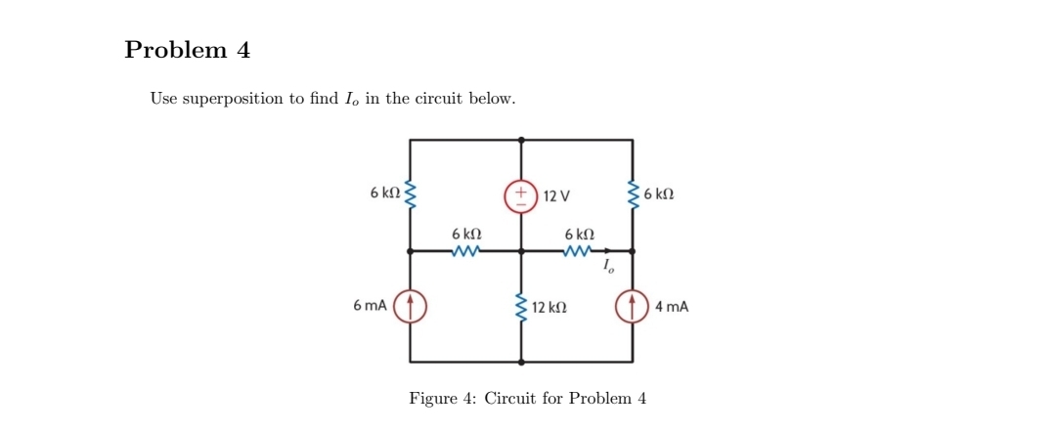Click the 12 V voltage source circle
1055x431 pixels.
(x=520, y=195)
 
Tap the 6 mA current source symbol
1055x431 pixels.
(x=410, y=306)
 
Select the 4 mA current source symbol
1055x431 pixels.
(x=632, y=306)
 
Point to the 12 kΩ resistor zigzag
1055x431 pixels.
(x=520, y=307)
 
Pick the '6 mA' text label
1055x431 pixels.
(x=371, y=306)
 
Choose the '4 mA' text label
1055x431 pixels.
(x=672, y=307)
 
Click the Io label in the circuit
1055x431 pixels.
(x=608, y=266)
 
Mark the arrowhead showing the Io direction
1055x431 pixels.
(x=598, y=251)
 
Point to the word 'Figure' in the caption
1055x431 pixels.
(x=432, y=399)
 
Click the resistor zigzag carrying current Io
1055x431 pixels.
(x=578, y=251)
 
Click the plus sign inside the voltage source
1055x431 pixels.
(x=520, y=189)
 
